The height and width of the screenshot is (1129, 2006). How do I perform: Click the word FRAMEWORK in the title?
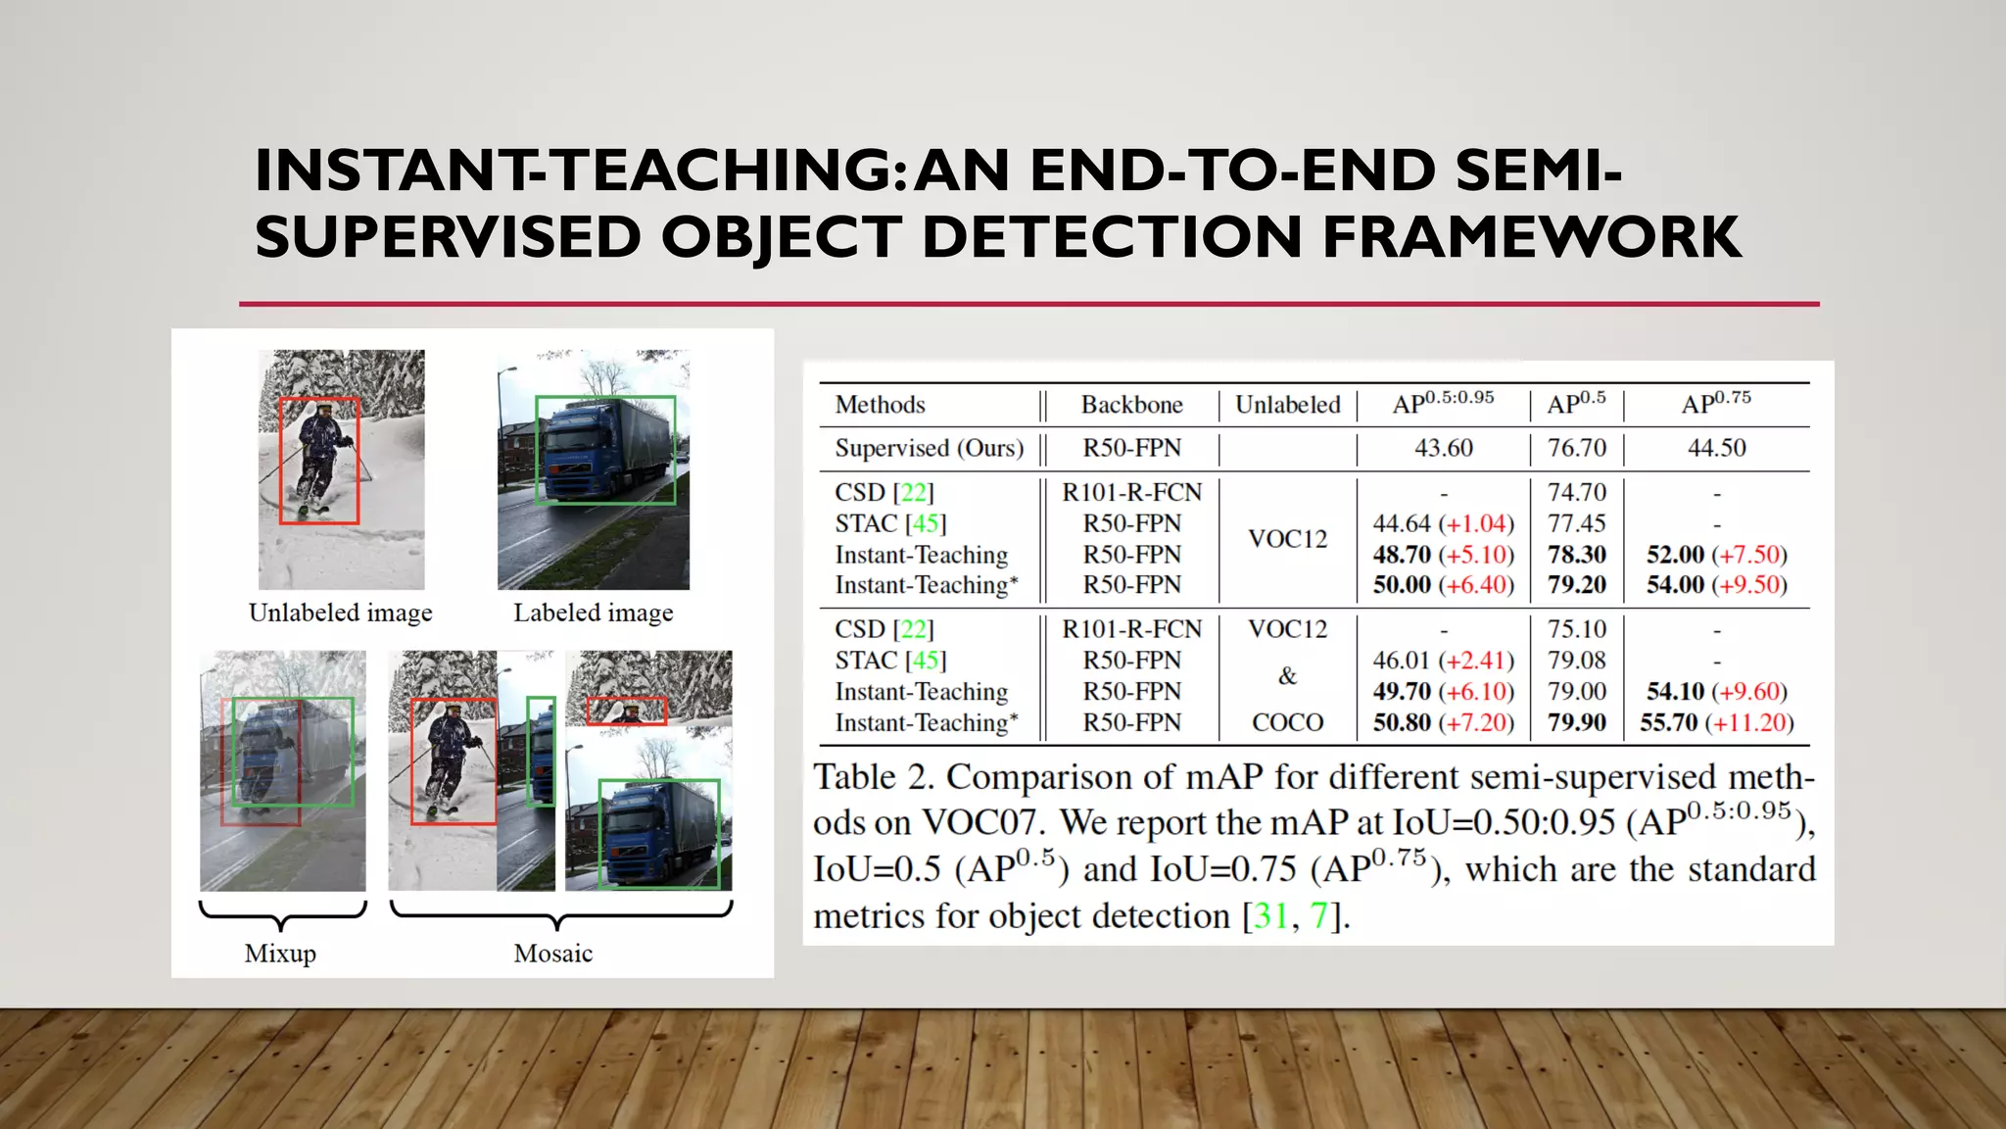[1532, 238]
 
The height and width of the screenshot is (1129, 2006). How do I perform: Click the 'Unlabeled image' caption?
[340, 613]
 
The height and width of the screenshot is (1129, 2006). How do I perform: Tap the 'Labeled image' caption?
[593, 613]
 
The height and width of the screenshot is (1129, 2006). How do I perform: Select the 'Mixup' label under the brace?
[280, 953]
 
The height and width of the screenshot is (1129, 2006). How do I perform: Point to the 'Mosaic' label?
[552, 953]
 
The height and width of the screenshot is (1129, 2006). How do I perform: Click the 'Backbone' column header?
[1131, 405]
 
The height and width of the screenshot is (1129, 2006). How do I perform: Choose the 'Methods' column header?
[880, 405]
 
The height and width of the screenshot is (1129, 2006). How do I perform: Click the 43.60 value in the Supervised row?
[1443, 448]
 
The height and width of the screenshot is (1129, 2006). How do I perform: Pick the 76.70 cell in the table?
[1576, 448]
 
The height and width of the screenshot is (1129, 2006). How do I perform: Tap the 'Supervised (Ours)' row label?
[929, 448]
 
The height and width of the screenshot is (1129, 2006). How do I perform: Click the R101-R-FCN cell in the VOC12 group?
[1131, 492]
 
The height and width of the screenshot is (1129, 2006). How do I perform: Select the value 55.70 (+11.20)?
[1716, 722]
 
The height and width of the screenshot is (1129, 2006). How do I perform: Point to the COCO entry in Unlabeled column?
[1287, 722]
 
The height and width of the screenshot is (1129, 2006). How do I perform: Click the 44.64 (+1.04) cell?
[1443, 523]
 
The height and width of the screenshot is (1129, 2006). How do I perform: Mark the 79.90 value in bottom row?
[1576, 722]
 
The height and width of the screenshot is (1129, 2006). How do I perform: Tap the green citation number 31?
[1270, 915]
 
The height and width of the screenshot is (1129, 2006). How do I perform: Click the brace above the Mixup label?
[282, 914]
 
